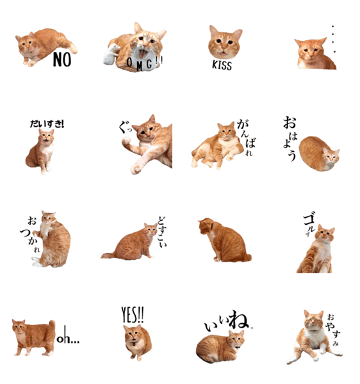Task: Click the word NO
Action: [x=62, y=60]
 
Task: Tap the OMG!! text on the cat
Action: [x=145, y=63]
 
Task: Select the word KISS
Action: [x=222, y=65]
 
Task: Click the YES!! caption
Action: [x=133, y=315]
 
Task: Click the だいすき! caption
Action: [x=47, y=124]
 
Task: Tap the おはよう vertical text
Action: [x=290, y=139]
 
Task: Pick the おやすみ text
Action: [x=333, y=330]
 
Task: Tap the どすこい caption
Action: [x=162, y=232]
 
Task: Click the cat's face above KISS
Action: [x=225, y=42]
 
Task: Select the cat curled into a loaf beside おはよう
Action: [x=319, y=154]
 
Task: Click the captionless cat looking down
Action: [x=224, y=240]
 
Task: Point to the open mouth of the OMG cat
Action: [x=142, y=53]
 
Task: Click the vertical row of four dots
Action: [x=333, y=38]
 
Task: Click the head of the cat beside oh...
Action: [x=19, y=328]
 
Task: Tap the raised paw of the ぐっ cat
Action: [x=126, y=141]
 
